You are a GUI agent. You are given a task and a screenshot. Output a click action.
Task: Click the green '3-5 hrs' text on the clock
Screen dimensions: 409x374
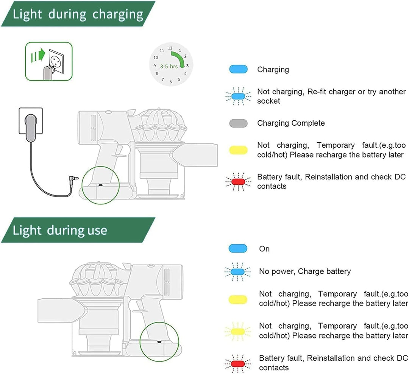[x=169, y=67]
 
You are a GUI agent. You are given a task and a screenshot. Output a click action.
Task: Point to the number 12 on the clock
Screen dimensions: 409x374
[x=170, y=48]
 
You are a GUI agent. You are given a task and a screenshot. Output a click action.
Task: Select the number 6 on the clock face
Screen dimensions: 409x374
[x=172, y=81]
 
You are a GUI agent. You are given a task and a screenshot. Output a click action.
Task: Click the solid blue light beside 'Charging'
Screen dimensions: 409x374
[x=238, y=69]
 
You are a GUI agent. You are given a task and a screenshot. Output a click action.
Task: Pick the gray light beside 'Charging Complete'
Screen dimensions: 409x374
[x=238, y=123]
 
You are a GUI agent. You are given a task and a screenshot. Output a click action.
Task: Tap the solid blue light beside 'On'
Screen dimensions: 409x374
[x=238, y=248]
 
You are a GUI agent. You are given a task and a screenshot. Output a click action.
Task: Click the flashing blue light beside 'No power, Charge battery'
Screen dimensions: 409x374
[x=237, y=272]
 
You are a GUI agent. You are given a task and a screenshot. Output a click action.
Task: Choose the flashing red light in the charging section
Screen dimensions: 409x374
[x=238, y=182]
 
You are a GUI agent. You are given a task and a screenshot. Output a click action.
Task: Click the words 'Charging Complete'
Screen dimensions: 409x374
[x=291, y=123]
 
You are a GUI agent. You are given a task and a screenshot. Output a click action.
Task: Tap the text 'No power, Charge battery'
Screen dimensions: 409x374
[x=305, y=271]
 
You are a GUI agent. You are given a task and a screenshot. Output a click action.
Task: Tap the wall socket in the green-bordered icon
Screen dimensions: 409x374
[x=56, y=61]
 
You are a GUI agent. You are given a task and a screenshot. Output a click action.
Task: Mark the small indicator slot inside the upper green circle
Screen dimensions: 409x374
[x=101, y=185]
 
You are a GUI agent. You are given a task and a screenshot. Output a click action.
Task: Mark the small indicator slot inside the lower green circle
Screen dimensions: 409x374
[x=159, y=341]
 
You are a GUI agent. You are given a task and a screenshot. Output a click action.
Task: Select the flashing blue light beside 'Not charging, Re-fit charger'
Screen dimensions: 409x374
[x=238, y=96]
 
